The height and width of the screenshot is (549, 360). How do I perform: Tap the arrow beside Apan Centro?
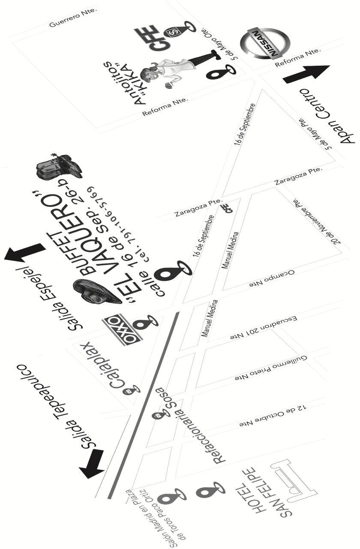coord(306,74)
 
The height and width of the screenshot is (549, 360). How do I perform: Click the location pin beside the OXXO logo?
coord(147,321)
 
